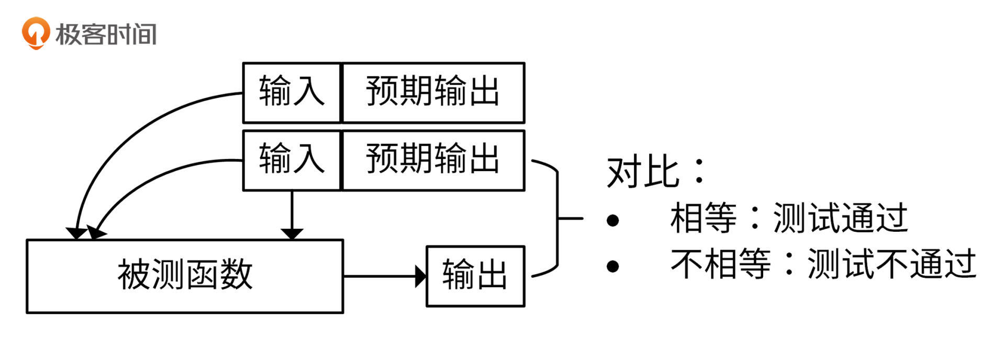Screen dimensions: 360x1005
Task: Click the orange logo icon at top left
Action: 36,33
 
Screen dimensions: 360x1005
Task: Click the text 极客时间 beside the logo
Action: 106,35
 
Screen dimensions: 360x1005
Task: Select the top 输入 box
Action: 292,93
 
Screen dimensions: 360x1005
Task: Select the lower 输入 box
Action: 292,160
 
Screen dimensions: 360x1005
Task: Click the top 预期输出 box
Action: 433,93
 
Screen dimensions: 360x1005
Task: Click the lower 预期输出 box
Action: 433,160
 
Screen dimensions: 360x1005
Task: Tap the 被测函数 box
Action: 185,276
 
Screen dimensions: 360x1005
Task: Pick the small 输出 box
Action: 475,276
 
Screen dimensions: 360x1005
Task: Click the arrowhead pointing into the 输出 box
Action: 421,276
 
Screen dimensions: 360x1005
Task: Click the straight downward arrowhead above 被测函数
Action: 292,233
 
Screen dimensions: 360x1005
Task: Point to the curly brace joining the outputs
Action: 557,218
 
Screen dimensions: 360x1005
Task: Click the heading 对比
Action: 643,172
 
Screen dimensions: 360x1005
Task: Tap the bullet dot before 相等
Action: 612,220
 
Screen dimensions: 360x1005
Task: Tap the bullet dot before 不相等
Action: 612,266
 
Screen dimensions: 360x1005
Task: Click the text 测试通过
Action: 840,218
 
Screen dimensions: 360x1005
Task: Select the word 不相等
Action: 721,264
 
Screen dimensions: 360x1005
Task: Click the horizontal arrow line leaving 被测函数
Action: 379,276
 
